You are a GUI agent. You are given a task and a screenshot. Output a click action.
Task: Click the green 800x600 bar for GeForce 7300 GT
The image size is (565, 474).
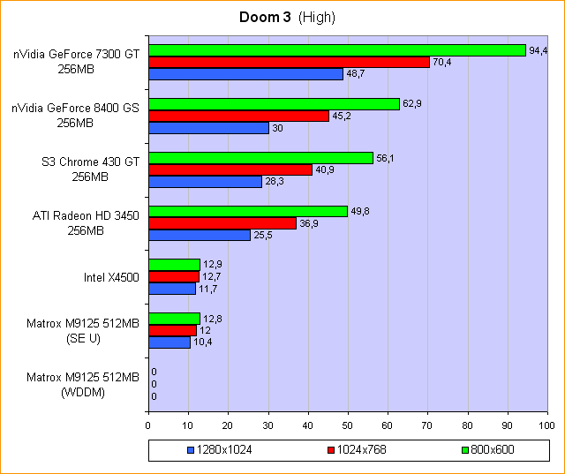tap(336, 50)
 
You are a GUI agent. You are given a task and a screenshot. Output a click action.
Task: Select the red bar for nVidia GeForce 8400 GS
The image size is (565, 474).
tap(238, 116)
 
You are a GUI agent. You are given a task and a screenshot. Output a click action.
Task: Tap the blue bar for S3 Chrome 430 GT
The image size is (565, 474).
tap(205, 182)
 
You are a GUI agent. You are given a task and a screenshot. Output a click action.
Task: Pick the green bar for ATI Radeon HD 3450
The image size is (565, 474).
tap(248, 211)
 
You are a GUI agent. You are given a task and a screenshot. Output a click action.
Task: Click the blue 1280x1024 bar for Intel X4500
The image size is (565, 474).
tap(171, 289)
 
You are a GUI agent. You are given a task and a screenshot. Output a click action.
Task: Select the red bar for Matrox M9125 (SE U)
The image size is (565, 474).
tap(172, 330)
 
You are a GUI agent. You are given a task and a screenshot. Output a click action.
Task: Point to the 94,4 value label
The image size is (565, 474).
tap(539, 49)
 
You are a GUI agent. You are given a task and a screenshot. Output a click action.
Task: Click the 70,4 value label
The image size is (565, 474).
tap(441, 62)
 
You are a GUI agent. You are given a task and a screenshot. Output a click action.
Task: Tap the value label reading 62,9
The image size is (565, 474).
tap(412, 103)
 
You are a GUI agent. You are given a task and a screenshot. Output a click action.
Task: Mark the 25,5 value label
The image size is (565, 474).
tap(263, 236)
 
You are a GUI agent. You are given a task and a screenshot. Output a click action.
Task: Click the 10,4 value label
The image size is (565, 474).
tap(203, 342)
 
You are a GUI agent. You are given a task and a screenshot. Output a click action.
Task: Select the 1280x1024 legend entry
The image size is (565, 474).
tap(223, 450)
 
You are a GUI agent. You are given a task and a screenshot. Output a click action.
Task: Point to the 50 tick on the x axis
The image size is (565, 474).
tap(348, 425)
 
